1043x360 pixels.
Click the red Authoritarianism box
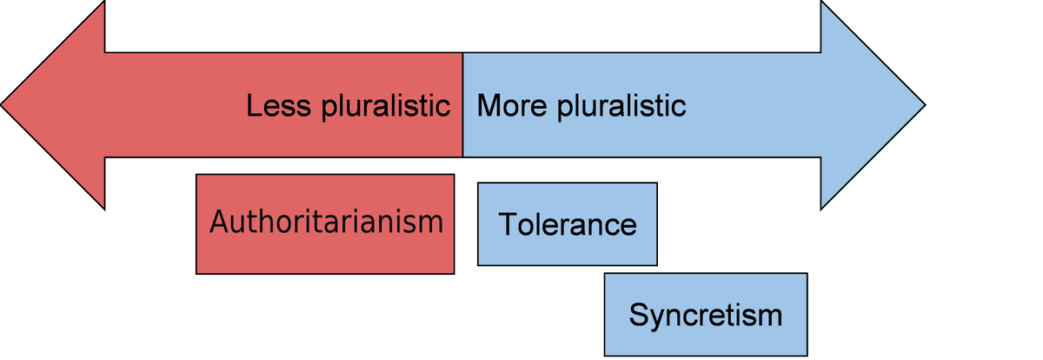coord(325,224)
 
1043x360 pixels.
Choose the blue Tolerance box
coord(567,224)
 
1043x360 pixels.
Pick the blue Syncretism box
coord(705,314)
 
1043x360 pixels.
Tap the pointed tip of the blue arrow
coord(925,105)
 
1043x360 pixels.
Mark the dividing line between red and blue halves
coord(462,105)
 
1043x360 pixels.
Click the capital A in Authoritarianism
coord(220,221)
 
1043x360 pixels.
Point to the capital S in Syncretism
coord(639,314)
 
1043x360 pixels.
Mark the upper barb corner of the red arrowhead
coord(105,3)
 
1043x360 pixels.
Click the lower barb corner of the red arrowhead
coord(105,209)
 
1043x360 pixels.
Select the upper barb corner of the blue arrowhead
coord(821,3)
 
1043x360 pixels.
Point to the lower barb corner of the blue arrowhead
coord(821,209)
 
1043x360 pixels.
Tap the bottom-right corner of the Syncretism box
coord(807,355)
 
